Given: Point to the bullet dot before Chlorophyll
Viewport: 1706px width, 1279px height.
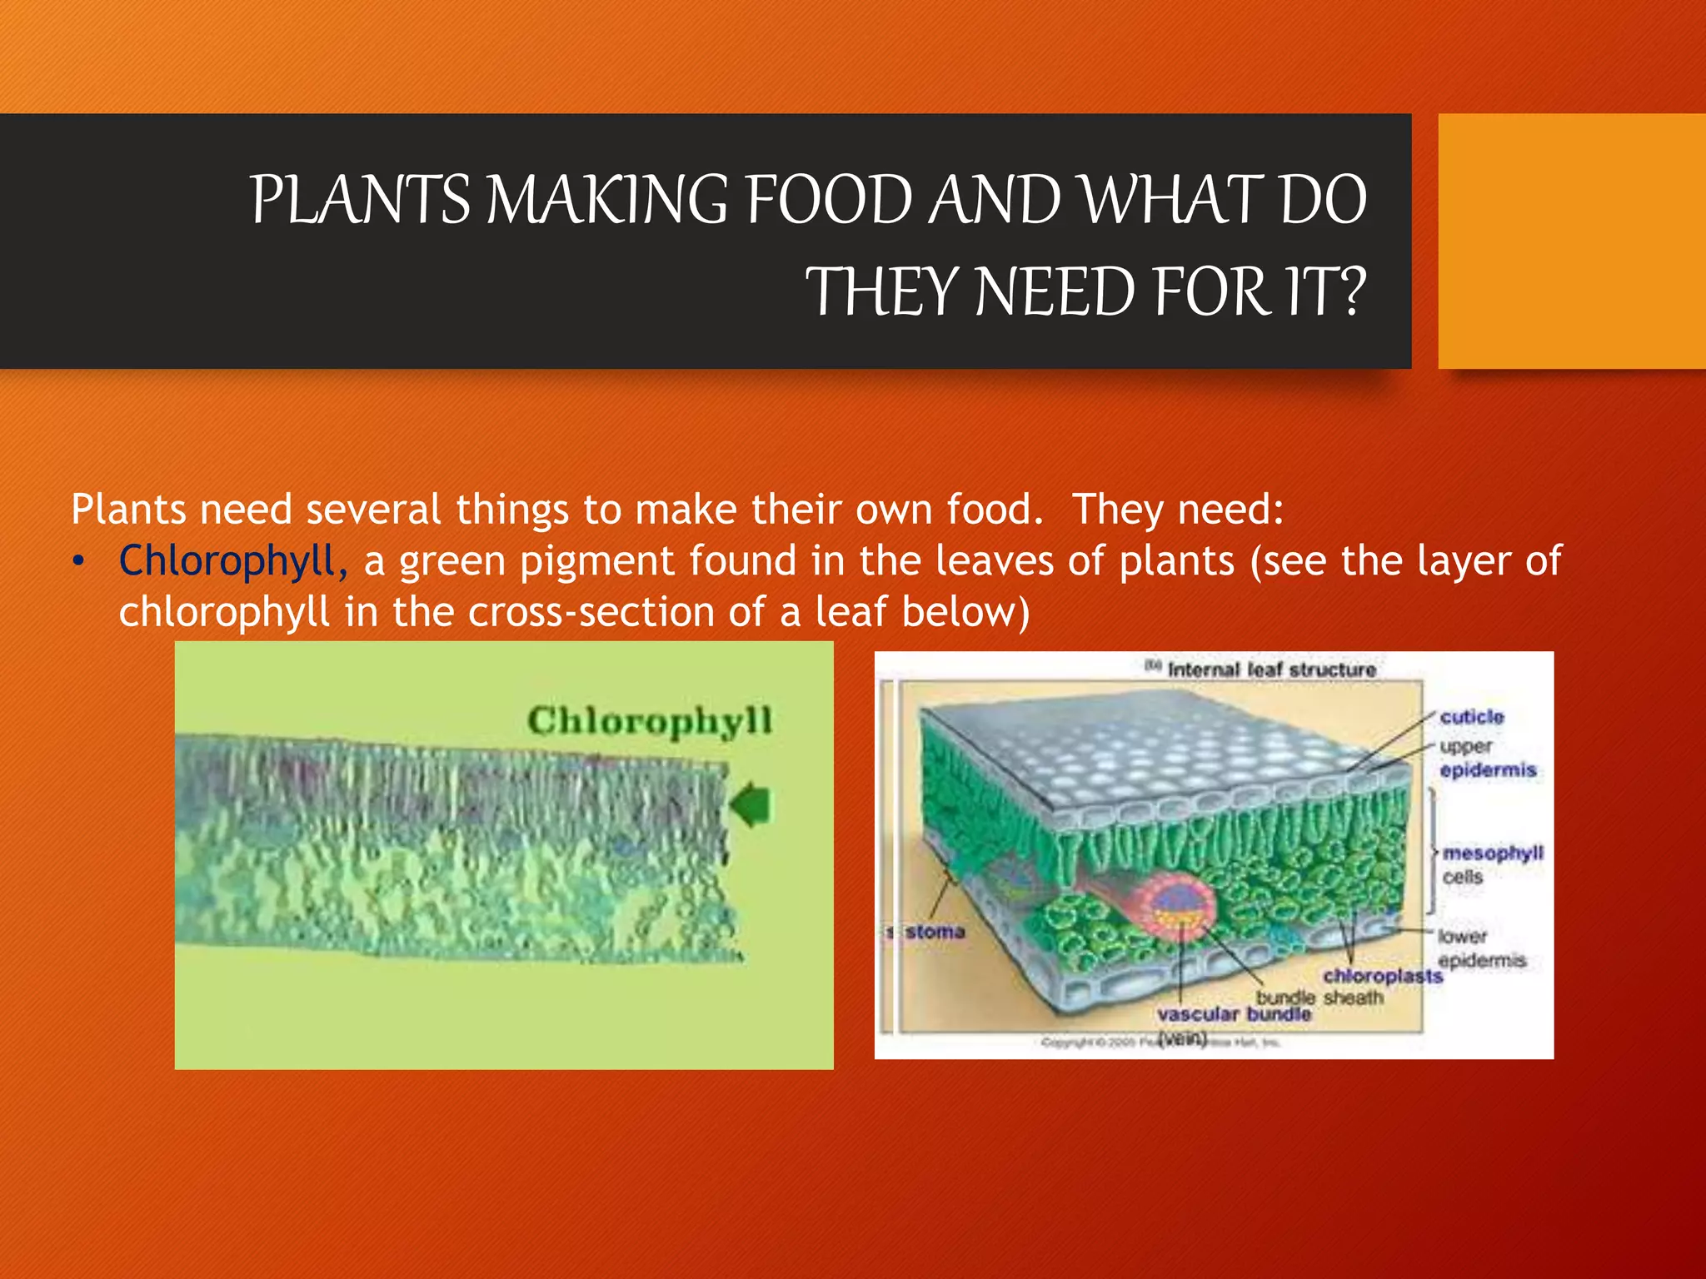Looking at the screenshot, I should pyautogui.click(x=78, y=562).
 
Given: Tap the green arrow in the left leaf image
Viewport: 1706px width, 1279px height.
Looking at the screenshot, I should pyautogui.click(x=751, y=804).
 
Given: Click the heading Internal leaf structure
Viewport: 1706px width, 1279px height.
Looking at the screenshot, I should pyautogui.click(x=1270, y=669).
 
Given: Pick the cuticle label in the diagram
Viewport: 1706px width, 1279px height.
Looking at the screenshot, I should pyautogui.click(x=1472, y=717).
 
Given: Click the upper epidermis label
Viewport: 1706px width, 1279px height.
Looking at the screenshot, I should pyautogui.click(x=1487, y=758).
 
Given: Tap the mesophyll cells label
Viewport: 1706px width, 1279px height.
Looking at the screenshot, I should pyautogui.click(x=1491, y=864).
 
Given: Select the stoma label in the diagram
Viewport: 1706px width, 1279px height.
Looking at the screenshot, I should pyautogui.click(x=934, y=932).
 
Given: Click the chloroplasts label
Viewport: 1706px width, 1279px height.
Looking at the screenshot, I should pyautogui.click(x=1382, y=975).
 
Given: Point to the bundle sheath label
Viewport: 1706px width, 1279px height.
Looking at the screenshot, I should pyautogui.click(x=1319, y=997).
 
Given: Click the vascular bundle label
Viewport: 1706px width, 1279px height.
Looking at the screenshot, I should pyautogui.click(x=1234, y=1014).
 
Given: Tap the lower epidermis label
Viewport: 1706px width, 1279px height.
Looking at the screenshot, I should pyautogui.click(x=1481, y=948).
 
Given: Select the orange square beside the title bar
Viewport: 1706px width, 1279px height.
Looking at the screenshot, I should pyautogui.click(x=1571, y=241).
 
